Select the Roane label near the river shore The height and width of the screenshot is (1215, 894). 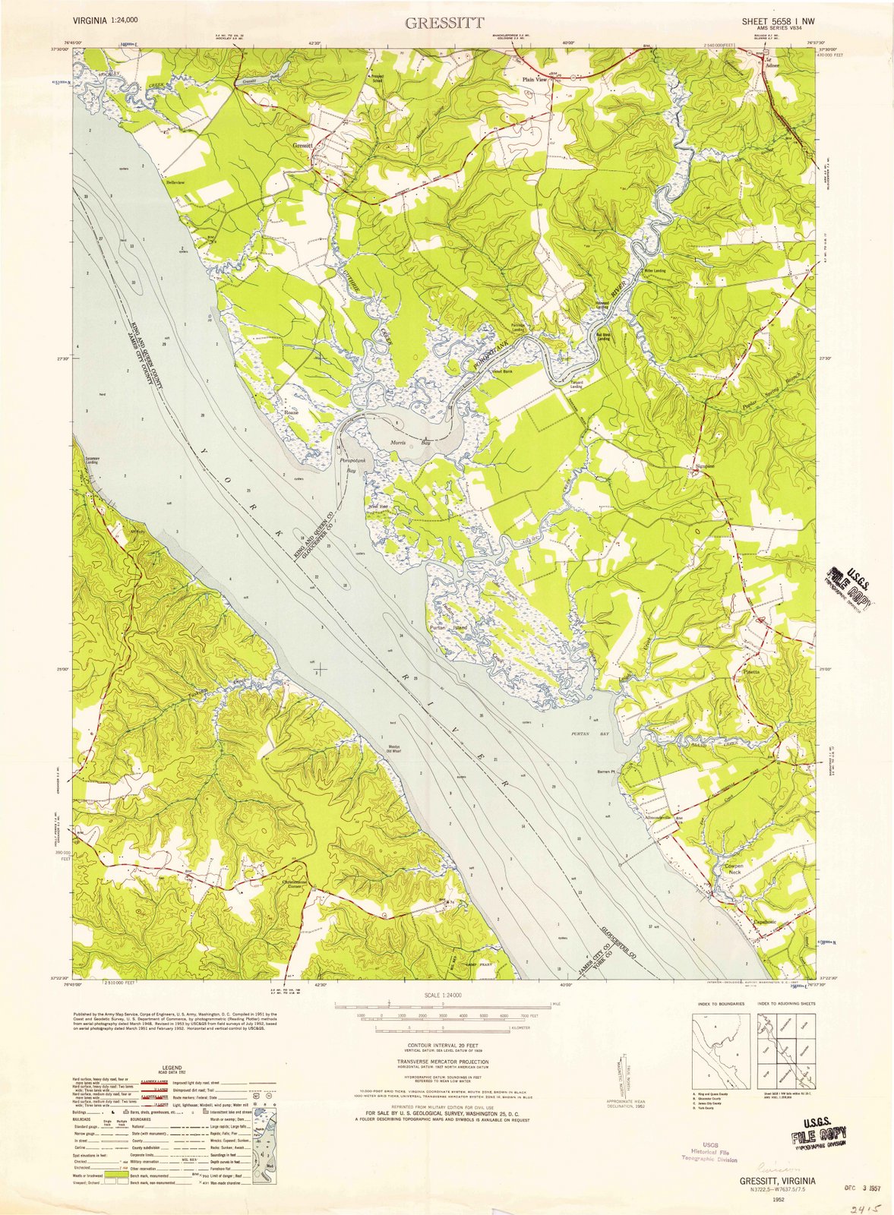tap(291, 412)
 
